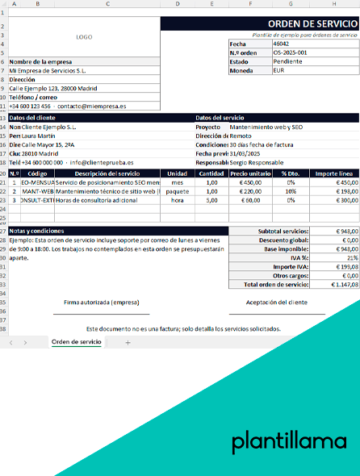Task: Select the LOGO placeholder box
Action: (84, 37)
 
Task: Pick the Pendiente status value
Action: (288, 61)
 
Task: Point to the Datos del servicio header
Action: (220, 118)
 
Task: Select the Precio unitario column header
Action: (250, 173)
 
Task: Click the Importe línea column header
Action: (333, 173)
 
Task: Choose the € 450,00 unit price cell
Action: (251, 182)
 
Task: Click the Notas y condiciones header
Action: (36, 231)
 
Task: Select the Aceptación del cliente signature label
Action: (275, 302)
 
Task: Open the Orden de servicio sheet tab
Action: (77, 342)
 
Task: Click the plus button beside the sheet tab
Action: (128, 342)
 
